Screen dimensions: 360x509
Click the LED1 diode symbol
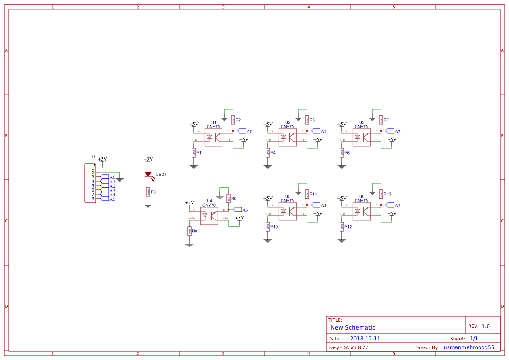148,175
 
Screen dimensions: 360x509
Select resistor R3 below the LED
148,192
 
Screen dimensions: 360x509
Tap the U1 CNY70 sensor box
213,138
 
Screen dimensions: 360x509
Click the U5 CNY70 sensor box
287,212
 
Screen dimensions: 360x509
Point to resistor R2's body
233,120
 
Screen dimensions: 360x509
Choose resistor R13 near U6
381,194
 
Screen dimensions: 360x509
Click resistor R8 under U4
189,231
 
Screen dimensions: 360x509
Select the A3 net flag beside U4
238,209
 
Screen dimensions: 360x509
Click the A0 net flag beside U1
242,131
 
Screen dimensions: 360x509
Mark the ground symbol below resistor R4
268,166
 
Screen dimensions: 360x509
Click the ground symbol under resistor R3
148,205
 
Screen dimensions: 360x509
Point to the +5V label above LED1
148,159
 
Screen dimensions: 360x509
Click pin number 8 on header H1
93,199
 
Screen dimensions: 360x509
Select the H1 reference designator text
93,157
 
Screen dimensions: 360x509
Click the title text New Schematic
353,327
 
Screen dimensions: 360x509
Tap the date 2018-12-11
365,338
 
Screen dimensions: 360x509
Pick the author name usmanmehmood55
469,347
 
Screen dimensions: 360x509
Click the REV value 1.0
485,326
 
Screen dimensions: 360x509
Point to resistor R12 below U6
342,226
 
